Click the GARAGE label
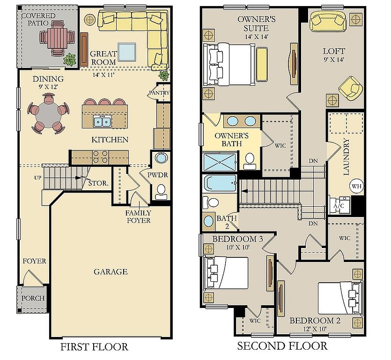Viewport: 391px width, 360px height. coord(111,271)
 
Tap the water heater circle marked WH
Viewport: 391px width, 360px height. coord(357,186)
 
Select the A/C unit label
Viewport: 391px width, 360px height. coord(339,206)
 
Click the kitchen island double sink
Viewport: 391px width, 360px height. coord(102,121)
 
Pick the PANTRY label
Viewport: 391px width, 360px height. coord(159,93)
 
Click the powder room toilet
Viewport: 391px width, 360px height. coord(162,191)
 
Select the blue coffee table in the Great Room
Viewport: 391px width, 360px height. coord(127,52)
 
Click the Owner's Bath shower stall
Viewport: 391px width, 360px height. coord(220,162)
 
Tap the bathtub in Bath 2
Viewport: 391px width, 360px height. coord(220,183)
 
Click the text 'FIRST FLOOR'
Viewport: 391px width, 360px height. coord(94,347)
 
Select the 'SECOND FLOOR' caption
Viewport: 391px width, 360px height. coord(282,346)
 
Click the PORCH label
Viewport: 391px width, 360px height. coord(33,298)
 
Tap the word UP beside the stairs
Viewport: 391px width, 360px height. coord(37,178)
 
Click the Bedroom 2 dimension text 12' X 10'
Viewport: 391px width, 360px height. coord(315,329)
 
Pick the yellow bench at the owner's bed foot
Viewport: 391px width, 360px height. coord(262,64)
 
